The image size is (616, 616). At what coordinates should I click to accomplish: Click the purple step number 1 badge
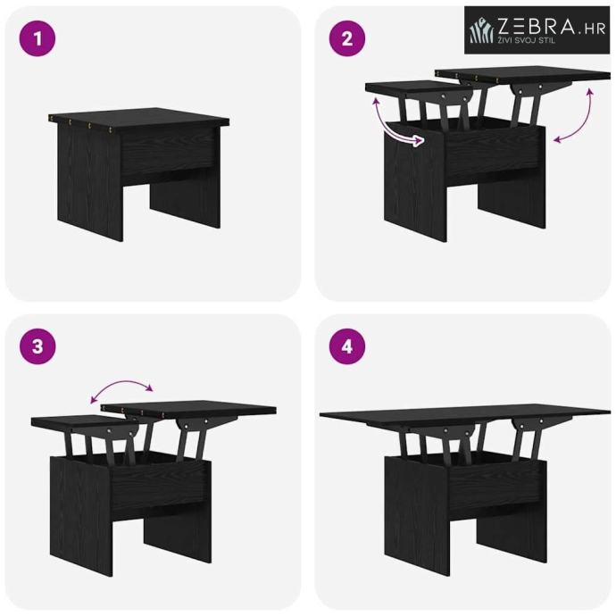(37, 38)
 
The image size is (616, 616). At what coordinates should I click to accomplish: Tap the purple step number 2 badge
(347, 38)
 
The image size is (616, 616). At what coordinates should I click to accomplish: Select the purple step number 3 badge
(37, 346)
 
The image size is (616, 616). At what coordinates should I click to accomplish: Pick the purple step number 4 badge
(347, 346)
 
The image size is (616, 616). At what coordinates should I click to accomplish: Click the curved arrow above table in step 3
(121, 383)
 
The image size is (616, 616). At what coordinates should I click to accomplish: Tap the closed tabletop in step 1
(139, 117)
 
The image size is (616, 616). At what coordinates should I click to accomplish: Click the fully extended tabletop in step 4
(465, 416)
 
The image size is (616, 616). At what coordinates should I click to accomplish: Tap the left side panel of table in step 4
(416, 514)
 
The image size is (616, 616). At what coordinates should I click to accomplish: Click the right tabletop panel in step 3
(188, 409)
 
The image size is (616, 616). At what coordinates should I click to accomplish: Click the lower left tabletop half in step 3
(85, 422)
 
